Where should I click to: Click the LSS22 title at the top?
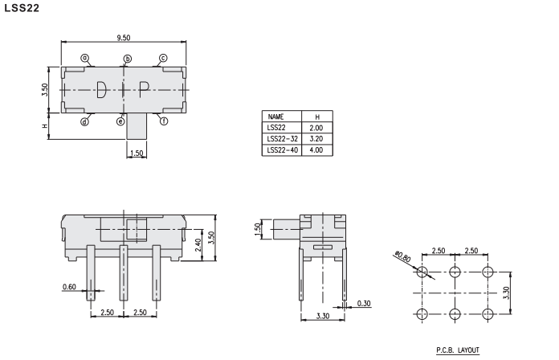(22, 8)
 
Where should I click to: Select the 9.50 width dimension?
(124, 38)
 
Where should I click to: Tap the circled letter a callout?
(85, 58)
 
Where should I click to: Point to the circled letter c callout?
(163, 58)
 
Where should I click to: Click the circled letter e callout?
(120, 121)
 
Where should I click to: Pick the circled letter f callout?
(164, 121)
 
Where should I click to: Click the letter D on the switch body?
(101, 89)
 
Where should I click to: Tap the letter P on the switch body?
(144, 89)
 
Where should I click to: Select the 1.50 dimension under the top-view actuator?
(137, 153)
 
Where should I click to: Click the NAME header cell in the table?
(275, 117)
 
